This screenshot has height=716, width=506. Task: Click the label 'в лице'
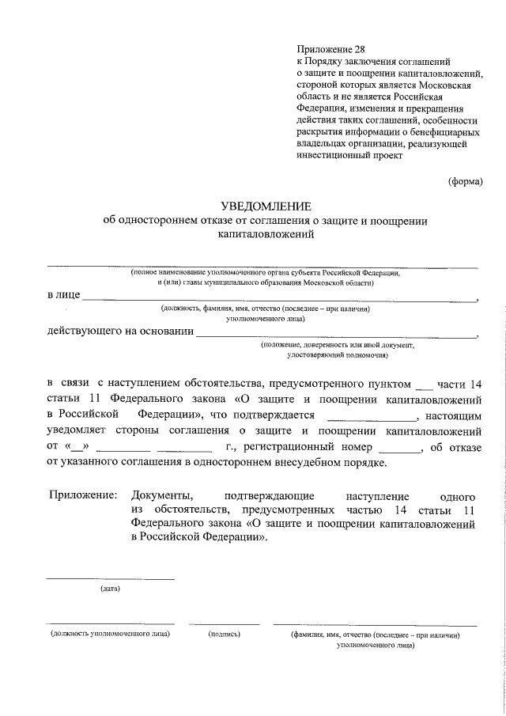click(x=63, y=295)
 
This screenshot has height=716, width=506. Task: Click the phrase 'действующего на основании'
click(x=119, y=331)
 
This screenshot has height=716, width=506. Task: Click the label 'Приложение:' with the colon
click(x=83, y=494)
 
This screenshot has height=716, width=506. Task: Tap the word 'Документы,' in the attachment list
click(x=161, y=494)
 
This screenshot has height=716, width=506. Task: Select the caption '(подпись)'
click(x=225, y=635)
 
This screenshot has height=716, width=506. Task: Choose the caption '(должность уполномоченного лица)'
click(x=110, y=635)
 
